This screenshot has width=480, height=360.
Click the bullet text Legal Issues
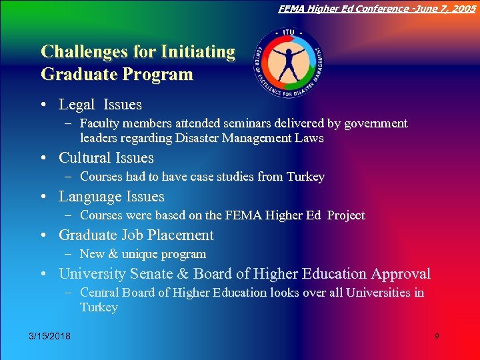pos(100,105)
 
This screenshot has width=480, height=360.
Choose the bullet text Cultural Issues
pos(106,158)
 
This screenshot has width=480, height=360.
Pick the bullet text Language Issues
pos(111,197)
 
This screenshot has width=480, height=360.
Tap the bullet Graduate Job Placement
pos(136,235)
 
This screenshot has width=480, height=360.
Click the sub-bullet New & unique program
pos(143,254)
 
